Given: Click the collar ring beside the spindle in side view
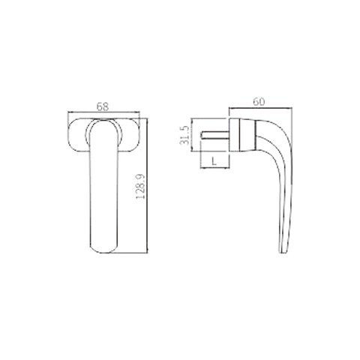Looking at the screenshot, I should pyautogui.click(x=232, y=134).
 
